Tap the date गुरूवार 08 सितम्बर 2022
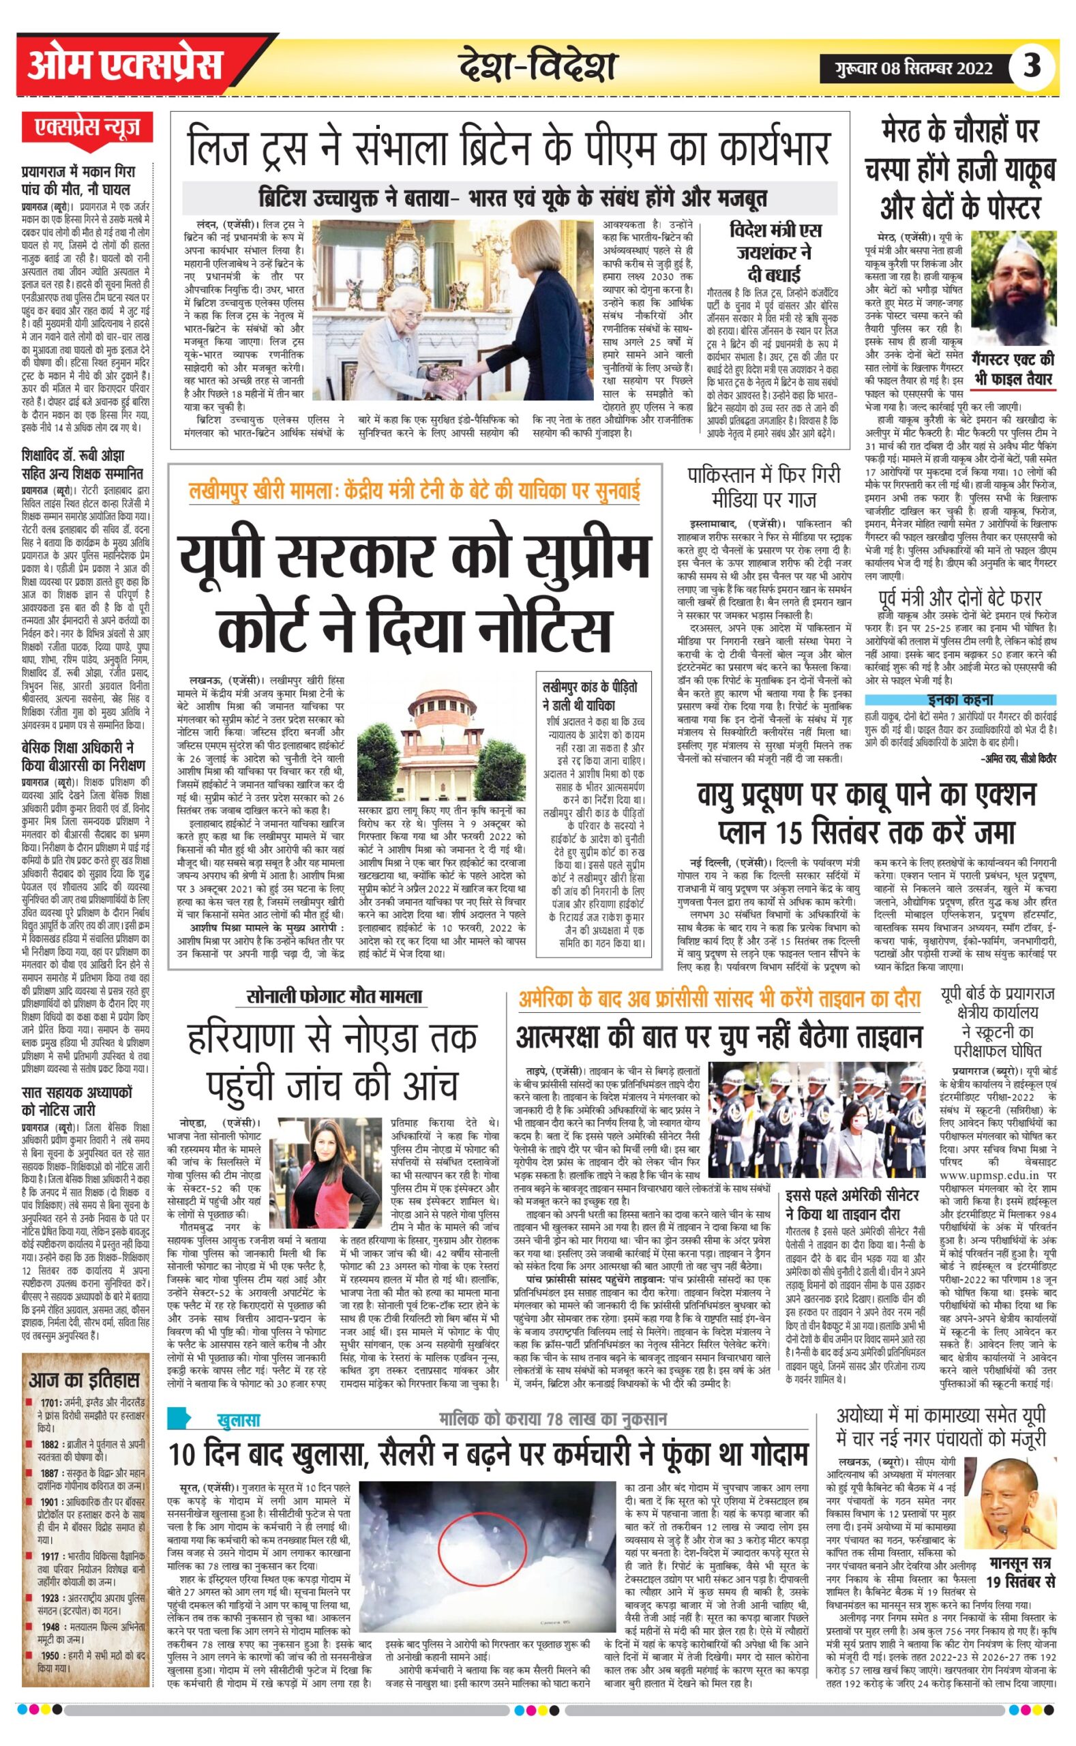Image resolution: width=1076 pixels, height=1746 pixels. click(x=916, y=68)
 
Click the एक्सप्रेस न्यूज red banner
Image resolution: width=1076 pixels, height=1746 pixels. click(x=88, y=129)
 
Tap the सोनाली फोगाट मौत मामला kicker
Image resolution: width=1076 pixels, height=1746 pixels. click(x=336, y=996)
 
